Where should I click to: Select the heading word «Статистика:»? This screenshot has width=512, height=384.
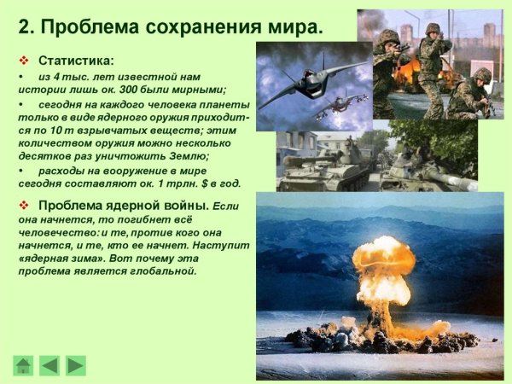[x=76, y=61]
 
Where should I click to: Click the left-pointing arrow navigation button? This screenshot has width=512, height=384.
[x=50, y=365]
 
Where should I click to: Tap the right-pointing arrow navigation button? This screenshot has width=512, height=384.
[x=76, y=365]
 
